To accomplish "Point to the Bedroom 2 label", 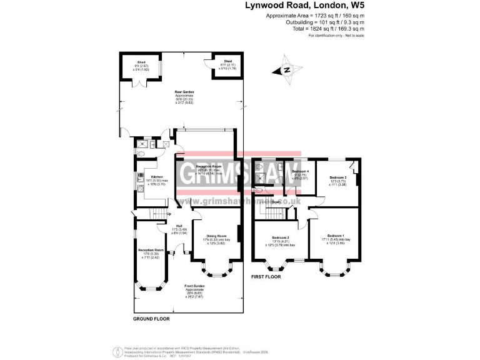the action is coord(280,238).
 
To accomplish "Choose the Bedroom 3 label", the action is coord(337,177).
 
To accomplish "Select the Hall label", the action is coord(179,226).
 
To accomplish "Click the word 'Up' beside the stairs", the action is coord(168,214).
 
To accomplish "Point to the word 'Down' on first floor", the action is coord(276,202).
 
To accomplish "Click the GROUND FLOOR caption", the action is coord(151,319).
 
